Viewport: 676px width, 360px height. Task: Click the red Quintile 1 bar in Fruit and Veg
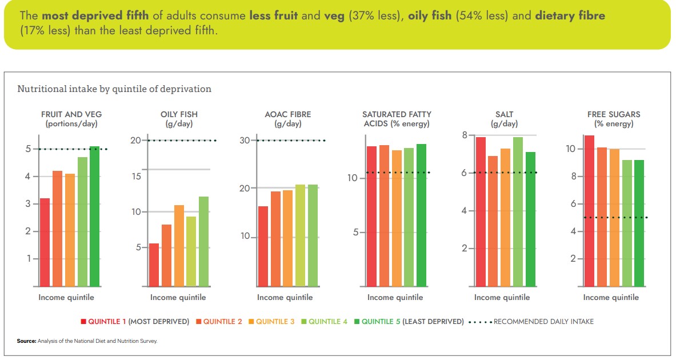[x=45, y=242]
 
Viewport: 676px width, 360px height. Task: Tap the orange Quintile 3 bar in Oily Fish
[x=179, y=246]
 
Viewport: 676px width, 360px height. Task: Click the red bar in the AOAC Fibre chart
[x=263, y=246]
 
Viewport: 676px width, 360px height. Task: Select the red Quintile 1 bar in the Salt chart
[x=481, y=211]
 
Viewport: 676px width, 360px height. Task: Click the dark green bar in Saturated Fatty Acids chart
[x=421, y=215]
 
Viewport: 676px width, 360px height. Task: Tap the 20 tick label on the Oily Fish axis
[x=135, y=141]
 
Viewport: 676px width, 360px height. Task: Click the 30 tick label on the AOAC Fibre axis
[x=245, y=141]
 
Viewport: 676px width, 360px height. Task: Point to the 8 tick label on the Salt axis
[x=465, y=135]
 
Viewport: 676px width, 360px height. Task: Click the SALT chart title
[x=504, y=114]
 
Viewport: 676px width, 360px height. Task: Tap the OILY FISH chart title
[x=179, y=114]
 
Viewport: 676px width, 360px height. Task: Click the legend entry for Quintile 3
[x=275, y=322]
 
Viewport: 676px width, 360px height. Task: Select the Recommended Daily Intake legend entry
[x=543, y=322]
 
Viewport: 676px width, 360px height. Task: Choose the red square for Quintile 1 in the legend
[x=83, y=322]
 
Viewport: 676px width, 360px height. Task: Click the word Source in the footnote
[x=26, y=341]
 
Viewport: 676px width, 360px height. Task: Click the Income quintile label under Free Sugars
[x=611, y=297]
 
